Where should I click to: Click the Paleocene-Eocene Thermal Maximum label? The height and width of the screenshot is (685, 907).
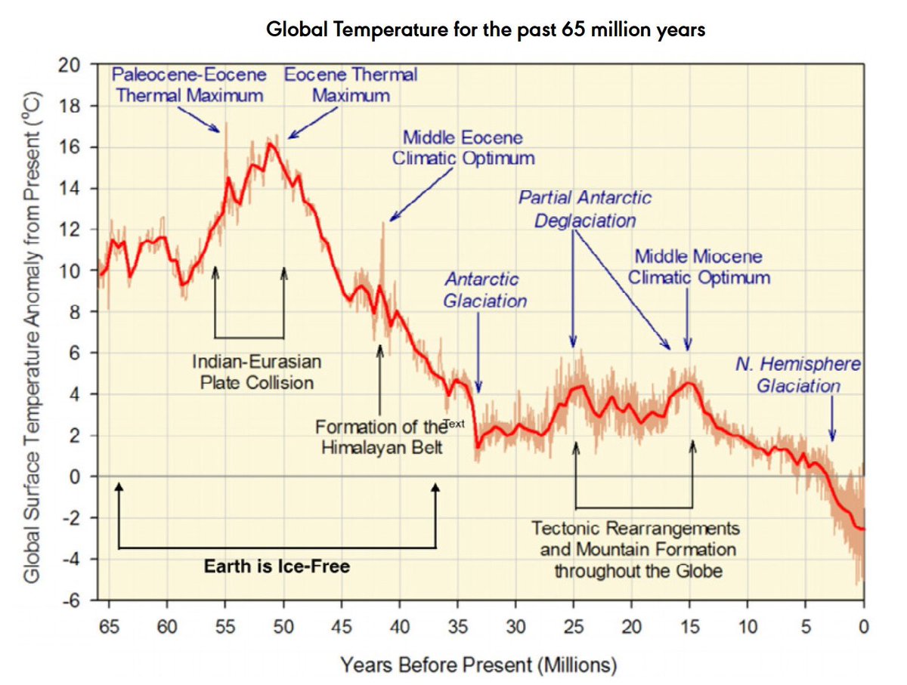pyautogui.click(x=189, y=85)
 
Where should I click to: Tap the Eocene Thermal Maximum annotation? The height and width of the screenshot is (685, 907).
pyautogui.click(x=351, y=85)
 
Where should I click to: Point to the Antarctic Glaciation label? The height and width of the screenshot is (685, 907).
pyautogui.click(x=484, y=290)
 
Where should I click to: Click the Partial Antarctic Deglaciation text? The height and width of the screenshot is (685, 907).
pyautogui.click(x=584, y=209)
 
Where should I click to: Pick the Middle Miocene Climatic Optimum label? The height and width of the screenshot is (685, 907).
pyautogui.click(x=698, y=267)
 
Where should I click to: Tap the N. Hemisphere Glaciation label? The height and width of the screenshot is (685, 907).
pyautogui.click(x=798, y=375)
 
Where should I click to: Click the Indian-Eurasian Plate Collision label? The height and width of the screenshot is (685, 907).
pyautogui.click(x=257, y=372)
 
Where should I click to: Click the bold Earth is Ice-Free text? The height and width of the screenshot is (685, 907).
pyautogui.click(x=277, y=566)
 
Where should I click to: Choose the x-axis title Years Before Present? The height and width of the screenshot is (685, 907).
pyautogui.click(x=478, y=665)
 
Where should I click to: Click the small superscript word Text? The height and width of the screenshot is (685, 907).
pyautogui.click(x=453, y=424)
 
